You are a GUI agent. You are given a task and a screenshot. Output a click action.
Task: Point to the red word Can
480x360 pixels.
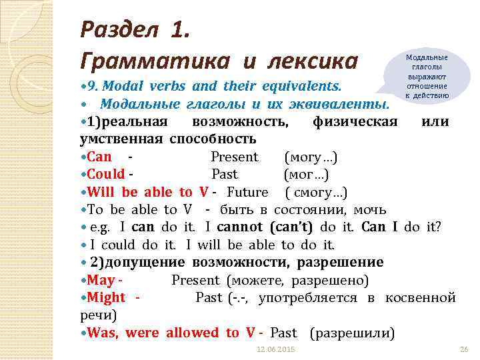pos(99,157)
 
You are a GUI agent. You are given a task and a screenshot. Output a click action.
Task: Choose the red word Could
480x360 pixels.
pos(106,175)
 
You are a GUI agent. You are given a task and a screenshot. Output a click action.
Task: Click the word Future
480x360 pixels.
pos(247,192)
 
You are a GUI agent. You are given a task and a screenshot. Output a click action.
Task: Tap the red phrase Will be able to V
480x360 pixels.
pos(149,192)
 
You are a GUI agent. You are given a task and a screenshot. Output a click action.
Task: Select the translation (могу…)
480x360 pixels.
pos(311,157)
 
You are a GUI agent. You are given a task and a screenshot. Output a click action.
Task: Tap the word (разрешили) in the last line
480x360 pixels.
pos(353,332)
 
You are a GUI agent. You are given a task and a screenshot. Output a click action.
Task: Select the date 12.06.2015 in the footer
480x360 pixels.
pos(277,350)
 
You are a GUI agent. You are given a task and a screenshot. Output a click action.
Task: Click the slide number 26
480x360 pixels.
pos(464,350)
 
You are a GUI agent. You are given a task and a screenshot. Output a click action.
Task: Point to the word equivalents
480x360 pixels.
pos(300,87)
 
